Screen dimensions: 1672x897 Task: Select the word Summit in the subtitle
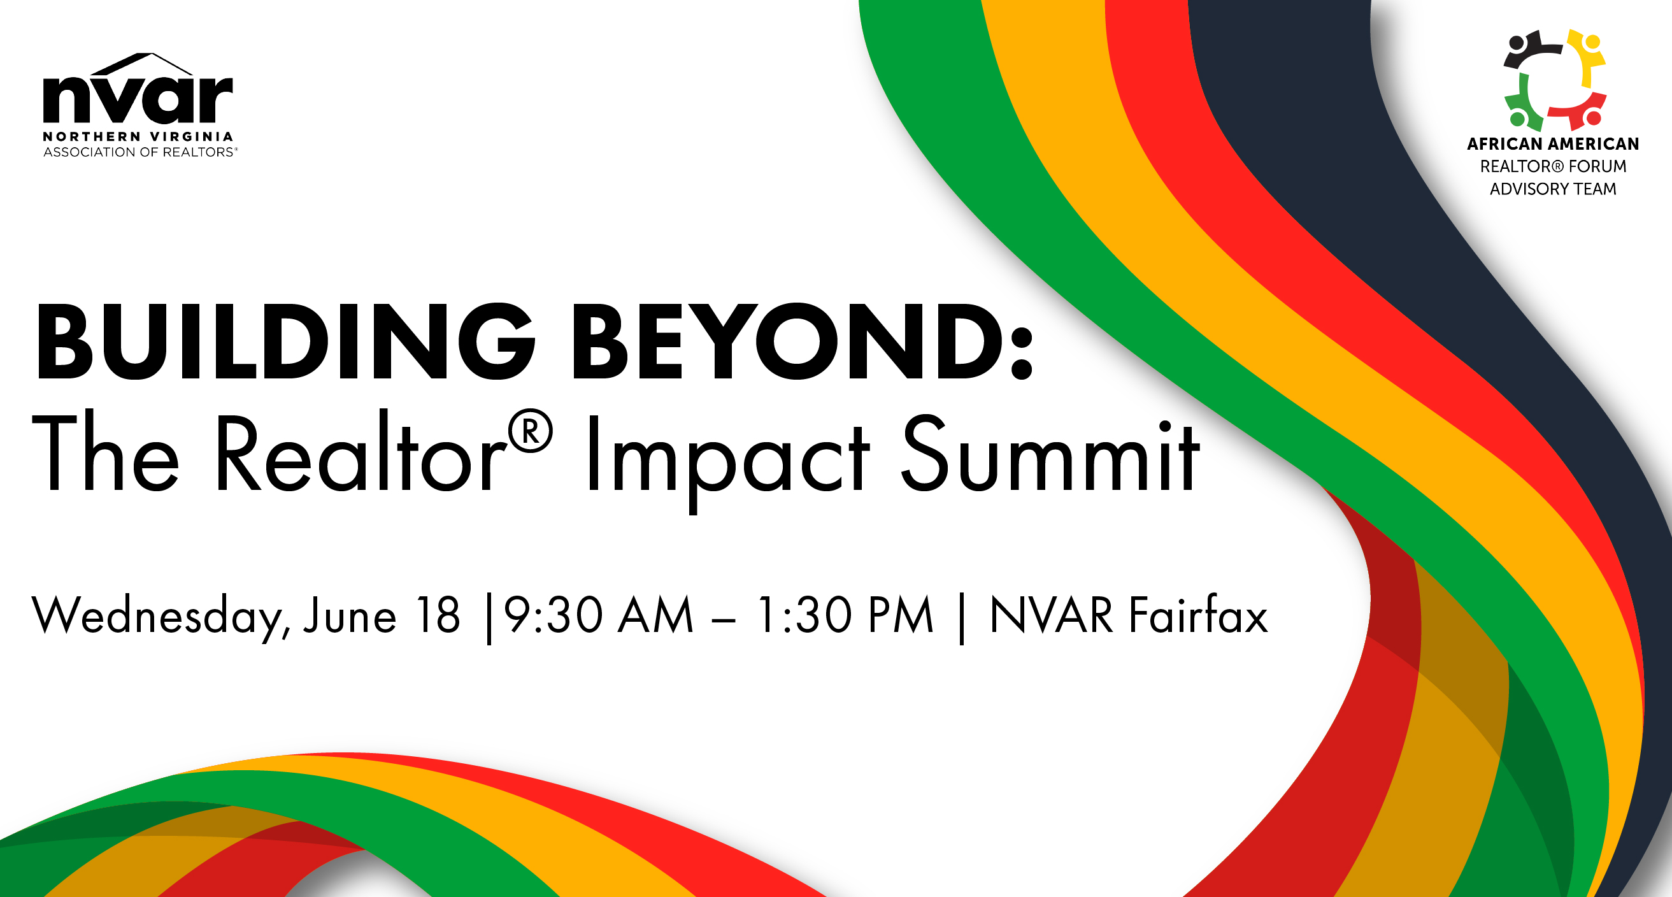pos(1050,453)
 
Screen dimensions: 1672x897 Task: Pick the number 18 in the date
pos(438,614)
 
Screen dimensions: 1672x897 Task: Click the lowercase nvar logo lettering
pos(138,99)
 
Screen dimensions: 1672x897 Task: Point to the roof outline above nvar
pos(140,64)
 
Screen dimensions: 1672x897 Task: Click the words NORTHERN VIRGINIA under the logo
pos(138,136)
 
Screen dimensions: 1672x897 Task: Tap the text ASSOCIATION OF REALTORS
pos(139,152)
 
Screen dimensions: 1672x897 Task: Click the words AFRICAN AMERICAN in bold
pos(1554,143)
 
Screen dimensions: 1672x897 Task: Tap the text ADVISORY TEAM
pos(1554,189)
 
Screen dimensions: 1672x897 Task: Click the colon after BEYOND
pos(1022,350)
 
